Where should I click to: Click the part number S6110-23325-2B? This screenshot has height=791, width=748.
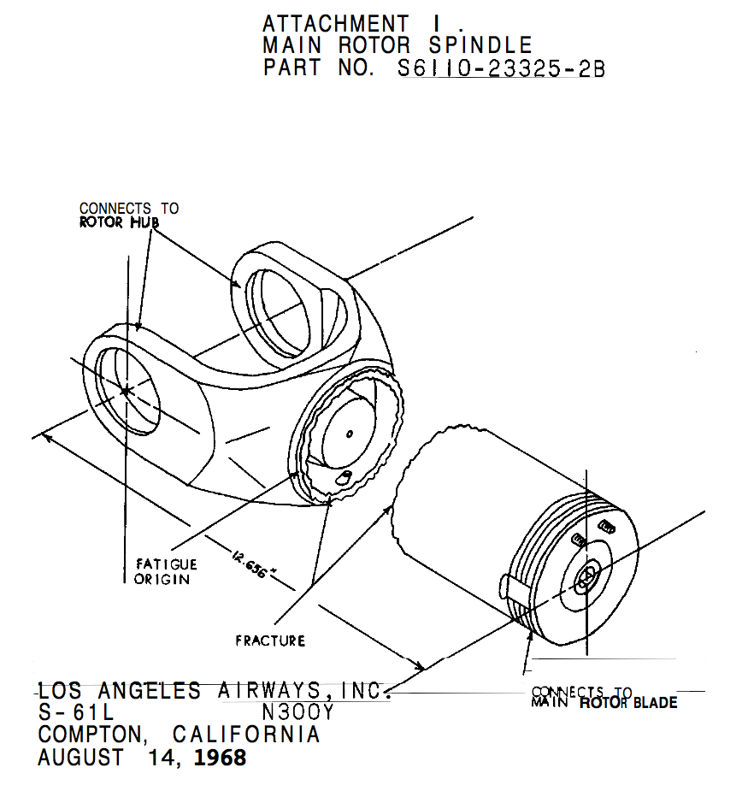pyautogui.click(x=502, y=68)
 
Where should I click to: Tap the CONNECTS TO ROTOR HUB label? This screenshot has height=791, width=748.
pyautogui.click(x=128, y=215)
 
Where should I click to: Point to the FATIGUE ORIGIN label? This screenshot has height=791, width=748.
pyautogui.click(x=166, y=571)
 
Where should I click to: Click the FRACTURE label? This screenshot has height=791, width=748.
pyautogui.click(x=270, y=640)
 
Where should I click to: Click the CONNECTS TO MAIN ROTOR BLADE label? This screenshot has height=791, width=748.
pyautogui.click(x=604, y=698)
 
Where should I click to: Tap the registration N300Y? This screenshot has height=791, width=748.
pyautogui.click(x=297, y=712)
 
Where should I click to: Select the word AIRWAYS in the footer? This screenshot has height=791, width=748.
pyautogui.click(x=262, y=690)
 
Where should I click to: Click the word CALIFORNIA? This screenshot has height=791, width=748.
pyautogui.click(x=246, y=735)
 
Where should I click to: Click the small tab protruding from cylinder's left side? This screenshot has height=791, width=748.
pyautogui.click(x=504, y=587)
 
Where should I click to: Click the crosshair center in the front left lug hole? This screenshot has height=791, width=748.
pyautogui.click(x=126, y=391)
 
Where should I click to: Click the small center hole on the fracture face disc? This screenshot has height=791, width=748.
pyautogui.click(x=350, y=434)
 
